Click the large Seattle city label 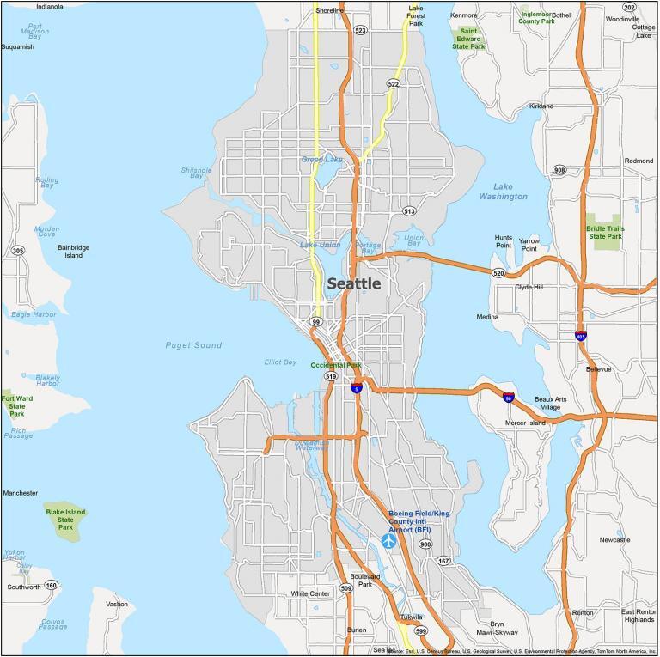353,283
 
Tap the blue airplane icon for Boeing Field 388,541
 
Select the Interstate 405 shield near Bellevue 582,335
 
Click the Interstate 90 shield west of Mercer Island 510,397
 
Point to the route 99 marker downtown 316,322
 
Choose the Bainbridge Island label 73,251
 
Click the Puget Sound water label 193,345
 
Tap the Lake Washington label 504,192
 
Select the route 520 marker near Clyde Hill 498,273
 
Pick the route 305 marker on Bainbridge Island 18,251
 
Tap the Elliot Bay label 280,362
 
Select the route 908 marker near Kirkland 560,170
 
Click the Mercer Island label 524,423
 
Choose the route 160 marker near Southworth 52,586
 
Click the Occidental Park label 336,365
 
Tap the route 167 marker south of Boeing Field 443,561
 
